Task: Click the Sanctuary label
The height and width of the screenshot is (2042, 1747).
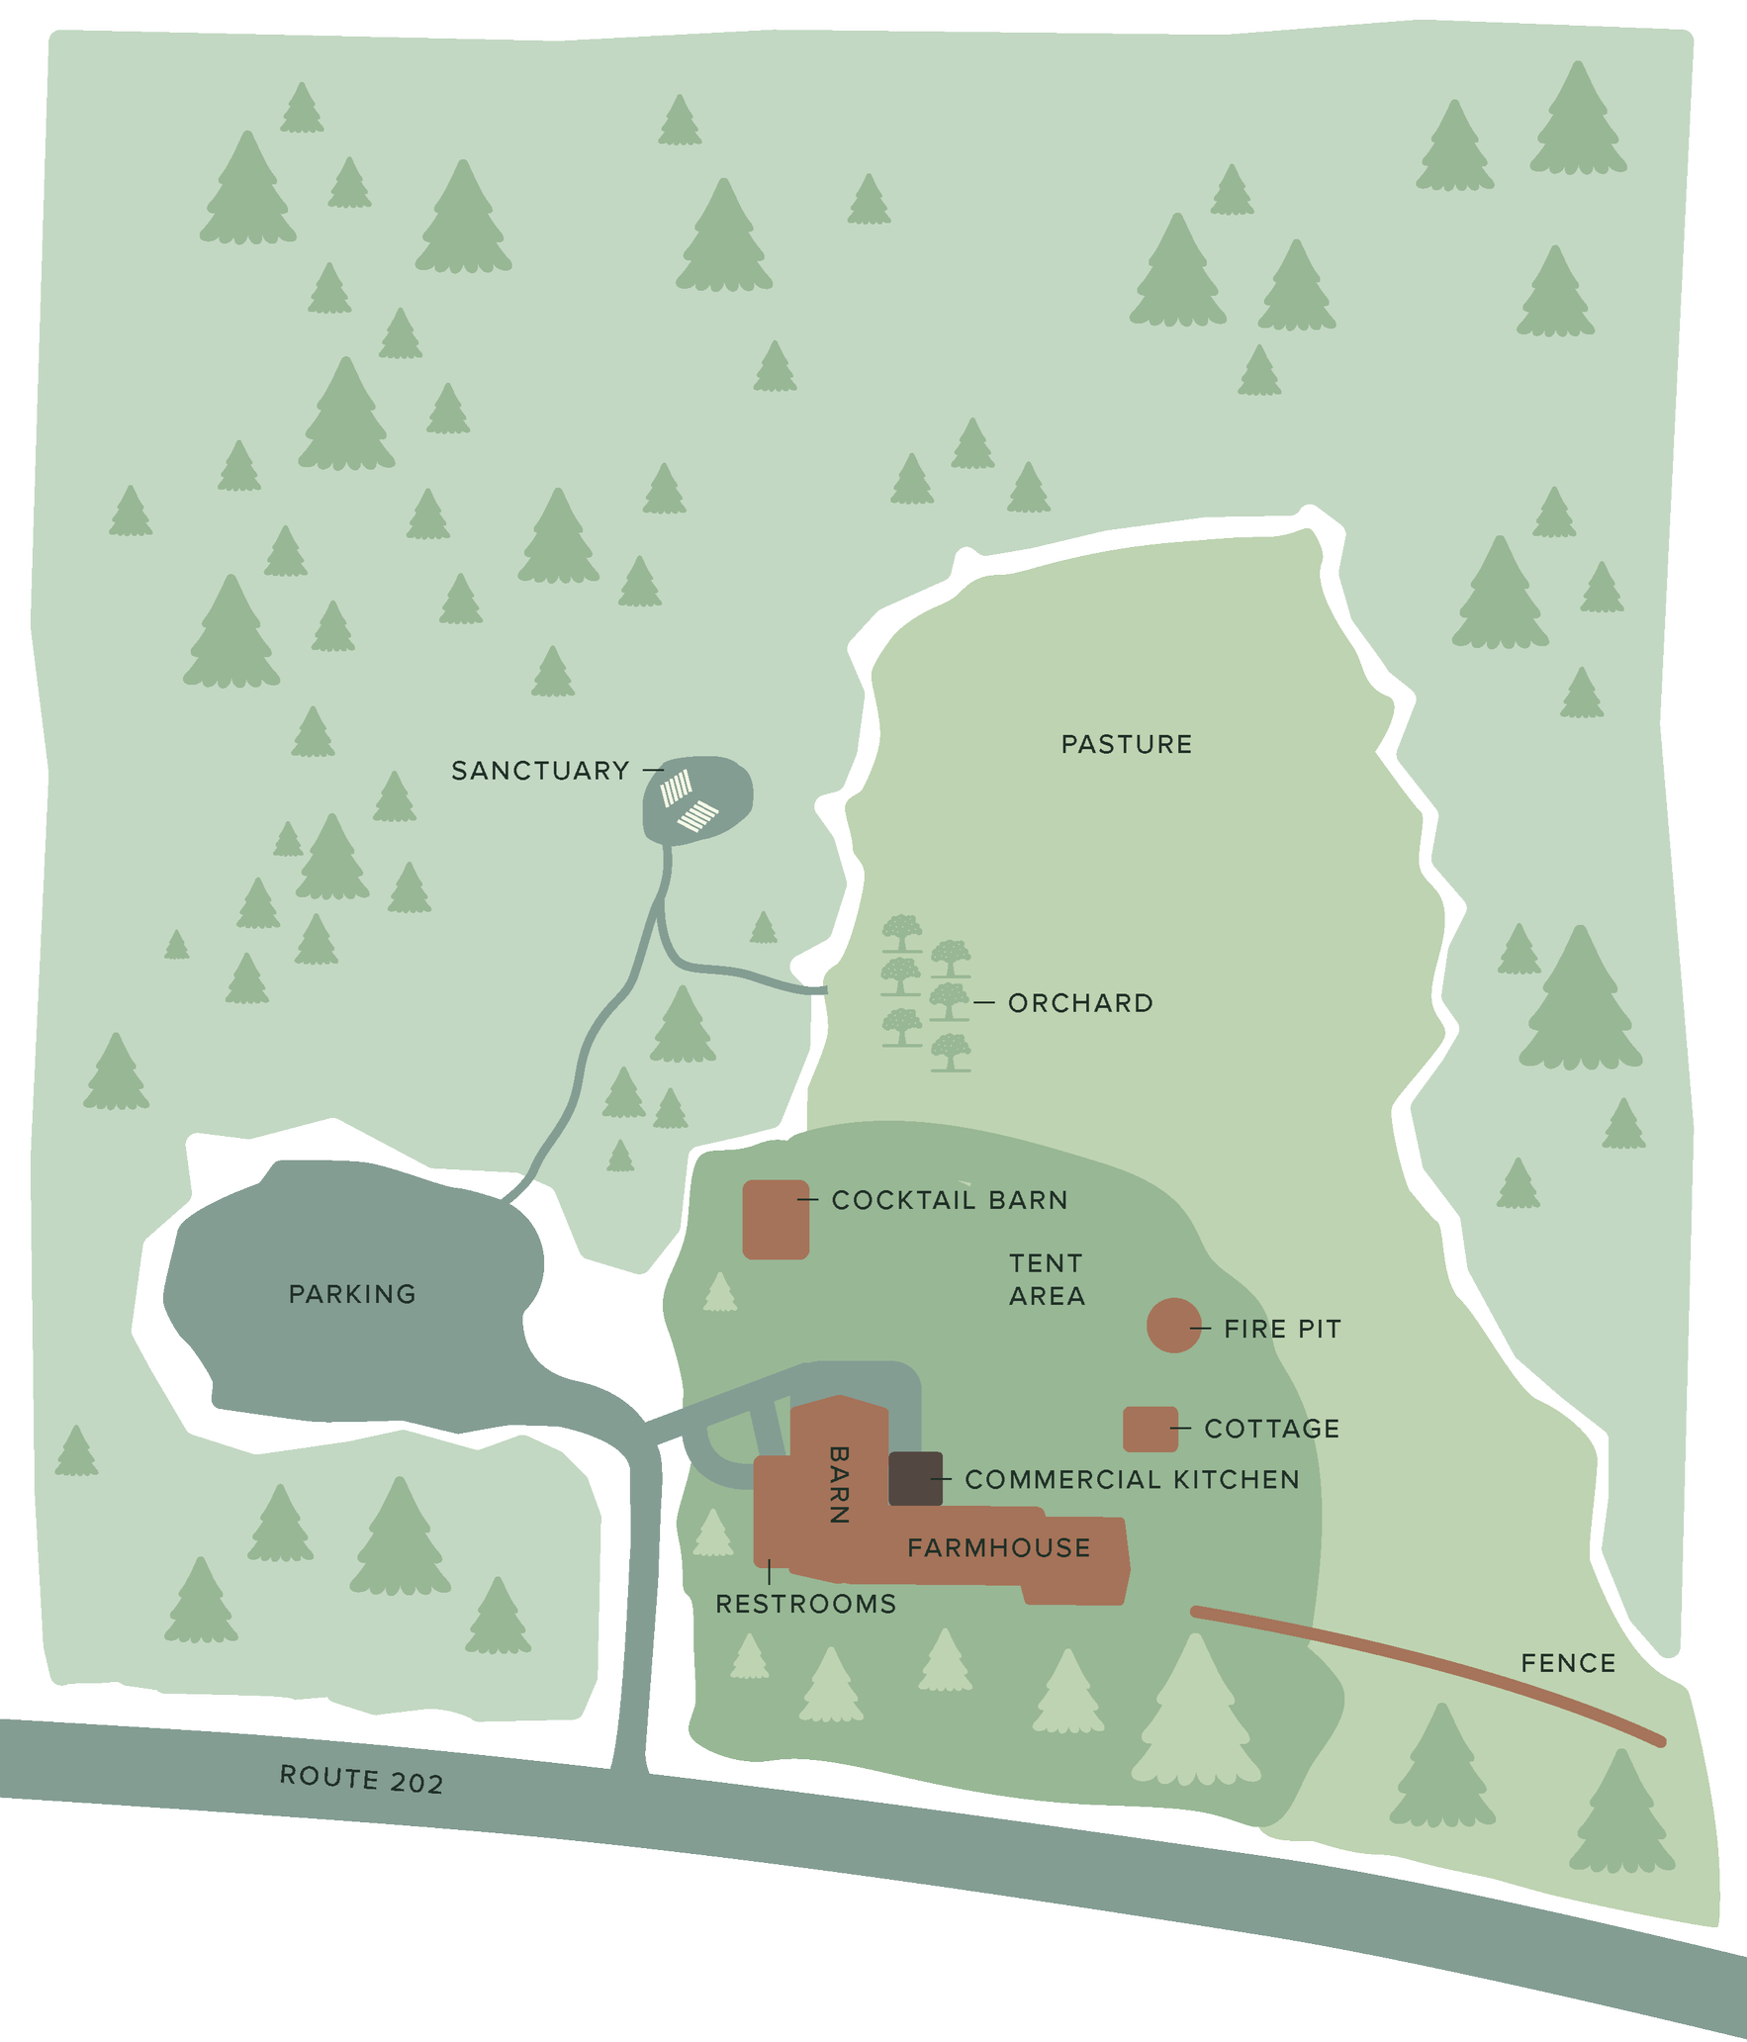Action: [x=540, y=771]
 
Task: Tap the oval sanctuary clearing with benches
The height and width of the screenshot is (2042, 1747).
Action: [x=697, y=799]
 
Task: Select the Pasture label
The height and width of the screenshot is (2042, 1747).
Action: [x=1127, y=744]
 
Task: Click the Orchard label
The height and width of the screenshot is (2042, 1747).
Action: [x=1080, y=1003]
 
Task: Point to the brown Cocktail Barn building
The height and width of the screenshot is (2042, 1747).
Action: [x=776, y=1219]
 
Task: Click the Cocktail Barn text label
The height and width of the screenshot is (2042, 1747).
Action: [x=950, y=1200]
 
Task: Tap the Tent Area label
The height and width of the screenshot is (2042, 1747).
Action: [x=1047, y=1279]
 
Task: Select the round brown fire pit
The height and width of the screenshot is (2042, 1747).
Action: [x=1173, y=1325]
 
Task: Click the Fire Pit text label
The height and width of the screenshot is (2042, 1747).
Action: [x=1283, y=1329]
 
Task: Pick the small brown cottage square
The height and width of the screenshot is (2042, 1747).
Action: [x=1150, y=1429]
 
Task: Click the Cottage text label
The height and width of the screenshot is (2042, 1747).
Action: [x=1272, y=1429]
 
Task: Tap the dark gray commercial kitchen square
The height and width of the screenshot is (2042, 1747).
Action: [x=915, y=1479]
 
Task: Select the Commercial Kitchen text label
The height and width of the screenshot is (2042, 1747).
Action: [x=1132, y=1479]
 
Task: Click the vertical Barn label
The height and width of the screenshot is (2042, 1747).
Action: [x=839, y=1484]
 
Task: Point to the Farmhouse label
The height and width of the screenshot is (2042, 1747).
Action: [x=999, y=1547]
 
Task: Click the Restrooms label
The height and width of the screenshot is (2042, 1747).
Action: [x=806, y=1604]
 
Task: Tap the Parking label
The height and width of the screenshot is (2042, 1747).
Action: [x=352, y=1294]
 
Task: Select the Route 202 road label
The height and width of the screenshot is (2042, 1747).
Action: [x=361, y=1779]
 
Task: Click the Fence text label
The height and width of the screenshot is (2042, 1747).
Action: [x=1568, y=1663]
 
